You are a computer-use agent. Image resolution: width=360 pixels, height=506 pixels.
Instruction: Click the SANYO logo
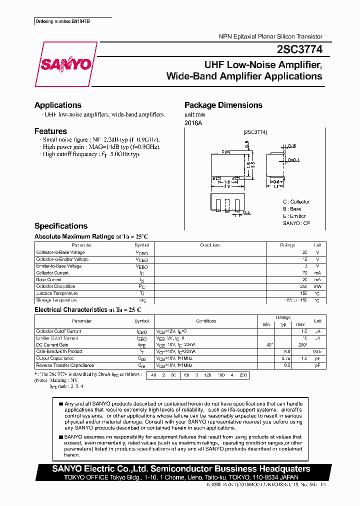pyautogui.click(x=66, y=64)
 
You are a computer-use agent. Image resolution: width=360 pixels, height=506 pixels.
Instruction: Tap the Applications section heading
pyautogui.click(x=58, y=105)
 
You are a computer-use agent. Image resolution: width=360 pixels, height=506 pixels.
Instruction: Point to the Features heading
pyautogui.click(x=50, y=131)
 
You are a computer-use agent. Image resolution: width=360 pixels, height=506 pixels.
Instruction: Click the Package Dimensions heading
pyautogui.click(x=223, y=105)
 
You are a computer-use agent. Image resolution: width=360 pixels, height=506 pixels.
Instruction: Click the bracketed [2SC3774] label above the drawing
pyautogui.click(x=255, y=132)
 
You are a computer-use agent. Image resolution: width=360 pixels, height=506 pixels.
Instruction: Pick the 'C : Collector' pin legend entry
pyautogui.click(x=296, y=202)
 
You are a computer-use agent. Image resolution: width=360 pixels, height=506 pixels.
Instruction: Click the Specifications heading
pyautogui.click(x=61, y=226)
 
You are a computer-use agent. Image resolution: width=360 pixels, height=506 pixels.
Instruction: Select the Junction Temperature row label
pyautogui.click(x=57, y=293)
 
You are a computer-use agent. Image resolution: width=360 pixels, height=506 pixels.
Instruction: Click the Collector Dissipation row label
pyautogui.click(x=55, y=286)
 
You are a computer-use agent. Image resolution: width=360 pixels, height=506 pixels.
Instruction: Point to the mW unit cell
pyautogui.click(x=317, y=286)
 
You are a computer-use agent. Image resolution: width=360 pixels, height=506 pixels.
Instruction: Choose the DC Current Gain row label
pyautogui.click(x=52, y=345)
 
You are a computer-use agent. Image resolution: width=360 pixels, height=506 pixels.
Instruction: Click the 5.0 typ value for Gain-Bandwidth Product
pyautogui.click(x=287, y=351)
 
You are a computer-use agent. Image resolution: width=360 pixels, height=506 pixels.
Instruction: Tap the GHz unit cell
pyautogui.click(x=317, y=351)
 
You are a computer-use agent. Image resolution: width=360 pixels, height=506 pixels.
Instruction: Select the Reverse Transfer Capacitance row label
pyautogui.click(x=65, y=365)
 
